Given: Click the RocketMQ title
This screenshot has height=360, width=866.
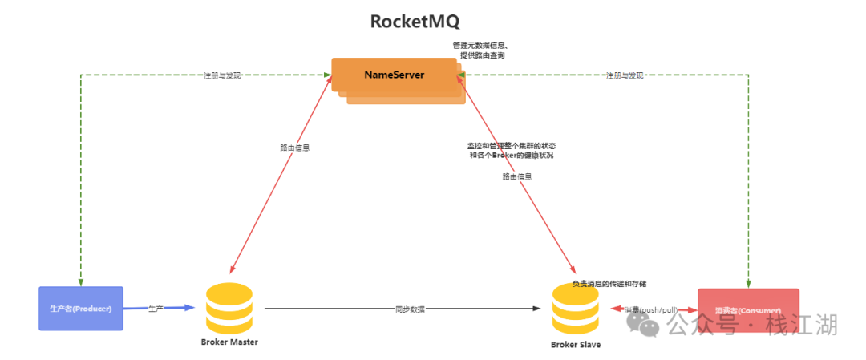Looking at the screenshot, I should [x=415, y=21].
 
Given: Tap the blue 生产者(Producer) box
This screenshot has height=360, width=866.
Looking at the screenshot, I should [x=81, y=309].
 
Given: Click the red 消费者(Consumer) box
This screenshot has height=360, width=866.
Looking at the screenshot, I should [x=748, y=309].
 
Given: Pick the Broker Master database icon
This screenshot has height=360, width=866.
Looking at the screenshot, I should [x=229, y=309].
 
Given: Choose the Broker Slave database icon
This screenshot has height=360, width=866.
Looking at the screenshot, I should [x=575, y=309].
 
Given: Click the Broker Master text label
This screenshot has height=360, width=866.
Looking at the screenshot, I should [x=229, y=342].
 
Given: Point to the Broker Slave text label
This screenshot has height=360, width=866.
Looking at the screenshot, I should [x=575, y=345].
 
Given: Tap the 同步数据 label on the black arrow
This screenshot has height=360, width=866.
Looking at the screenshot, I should [x=410, y=309].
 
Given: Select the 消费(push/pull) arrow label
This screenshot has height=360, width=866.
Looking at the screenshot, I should [x=651, y=309].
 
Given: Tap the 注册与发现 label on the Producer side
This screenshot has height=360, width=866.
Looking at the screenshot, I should [x=221, y=75].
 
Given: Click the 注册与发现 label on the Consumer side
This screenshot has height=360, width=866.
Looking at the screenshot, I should [x=625, y=75].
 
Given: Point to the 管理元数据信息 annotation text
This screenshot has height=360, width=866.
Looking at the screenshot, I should [x=480, y=45].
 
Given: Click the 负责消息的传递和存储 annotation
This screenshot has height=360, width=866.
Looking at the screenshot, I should [x=609, y=284].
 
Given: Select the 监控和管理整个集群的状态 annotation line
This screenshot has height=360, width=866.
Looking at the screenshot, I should [x=512, y=146].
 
